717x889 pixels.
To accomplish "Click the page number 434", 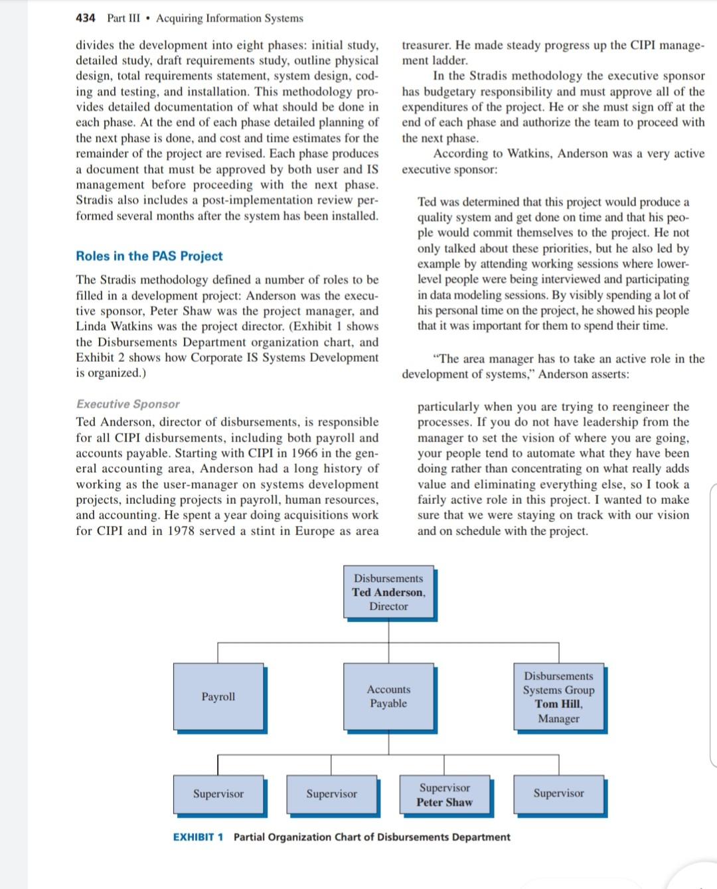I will (86, 18).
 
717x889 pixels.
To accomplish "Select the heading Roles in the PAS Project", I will (149, 256).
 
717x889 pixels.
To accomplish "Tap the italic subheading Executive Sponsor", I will (128, 404).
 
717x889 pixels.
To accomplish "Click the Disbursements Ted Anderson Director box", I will (388, 592).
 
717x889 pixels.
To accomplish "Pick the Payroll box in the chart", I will (218, 696).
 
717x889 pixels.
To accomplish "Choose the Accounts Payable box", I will (388, 696).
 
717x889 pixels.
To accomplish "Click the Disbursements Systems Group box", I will (558, 696).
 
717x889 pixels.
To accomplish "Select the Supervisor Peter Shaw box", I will (444, 795).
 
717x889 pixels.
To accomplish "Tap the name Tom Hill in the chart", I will (558, 704).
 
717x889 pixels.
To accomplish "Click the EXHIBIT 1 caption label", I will (198, 837).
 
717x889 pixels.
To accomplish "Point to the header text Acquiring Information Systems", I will (230, 18).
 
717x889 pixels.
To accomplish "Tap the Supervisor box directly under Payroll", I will (218, 794).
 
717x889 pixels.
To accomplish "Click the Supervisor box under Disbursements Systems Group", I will (558, 793).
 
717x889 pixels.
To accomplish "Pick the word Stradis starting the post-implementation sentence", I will (94, 201).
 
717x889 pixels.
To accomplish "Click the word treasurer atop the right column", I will (426, 45).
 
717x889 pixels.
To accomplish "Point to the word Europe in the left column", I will (316, 531).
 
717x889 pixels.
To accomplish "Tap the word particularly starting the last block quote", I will (448, 406).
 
